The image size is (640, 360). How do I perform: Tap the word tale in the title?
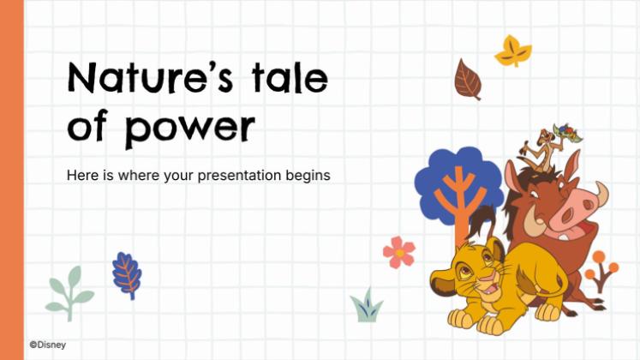[290, 79]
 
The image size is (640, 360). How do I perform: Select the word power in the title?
[189, 127]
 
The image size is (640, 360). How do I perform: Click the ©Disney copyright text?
[48, 345]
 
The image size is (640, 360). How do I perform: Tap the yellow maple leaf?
[513, 51]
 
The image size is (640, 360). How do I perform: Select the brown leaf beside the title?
[467, 80]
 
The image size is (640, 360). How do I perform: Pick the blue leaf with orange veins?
[127, 274]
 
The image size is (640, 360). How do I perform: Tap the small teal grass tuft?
[366, 306]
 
